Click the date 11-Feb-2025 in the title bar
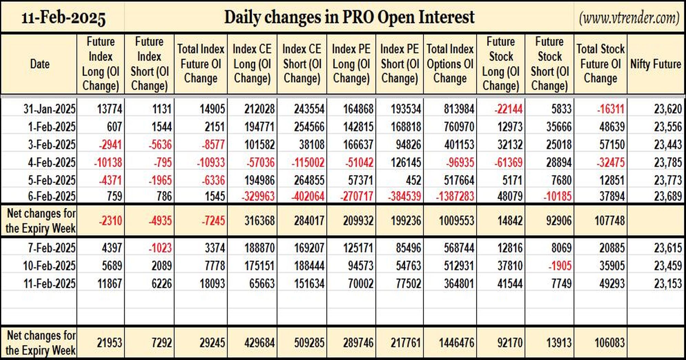click(63, 17)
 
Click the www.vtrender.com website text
click(629, 17)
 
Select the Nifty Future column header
click(655, 64)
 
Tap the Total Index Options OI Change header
click(450, 64)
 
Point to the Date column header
click(40, 64)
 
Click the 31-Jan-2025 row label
click(49, 109)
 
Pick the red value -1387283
click(455, 196)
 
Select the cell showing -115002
click(308, 162)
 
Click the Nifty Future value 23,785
click(667, 162)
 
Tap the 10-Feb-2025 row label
click(49, 266)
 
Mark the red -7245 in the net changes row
click(213, 220)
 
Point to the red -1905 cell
click(560, 266)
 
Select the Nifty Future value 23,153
click(667, 284)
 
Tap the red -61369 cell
click(508, 162)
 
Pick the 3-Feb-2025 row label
click(52, 145)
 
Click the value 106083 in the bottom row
click(610, 343)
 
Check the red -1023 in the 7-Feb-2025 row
click(160, 248)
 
